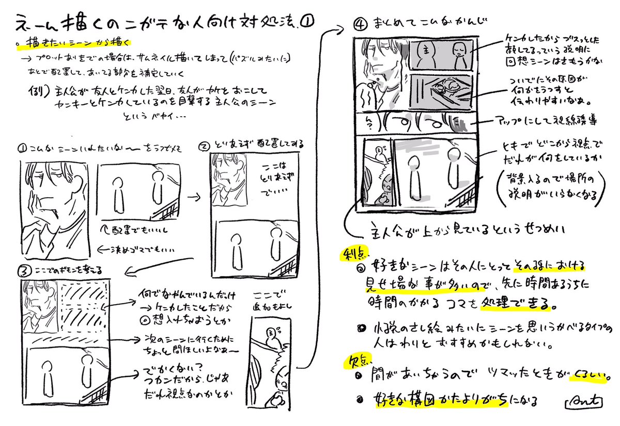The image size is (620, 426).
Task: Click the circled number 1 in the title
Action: [306, 21]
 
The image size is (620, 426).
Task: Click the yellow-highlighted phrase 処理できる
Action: [523, 303]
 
